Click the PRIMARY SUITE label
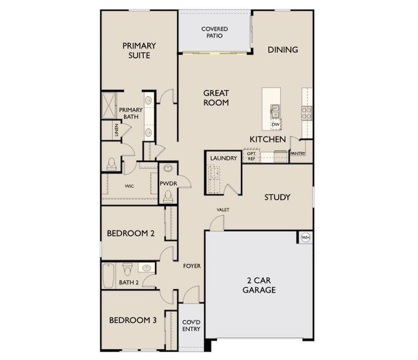pos(139,50)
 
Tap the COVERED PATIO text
pos(214,32)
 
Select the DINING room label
pos(282,50)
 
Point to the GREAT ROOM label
pos(216,98)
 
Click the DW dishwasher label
pos(275,124)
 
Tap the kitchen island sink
pos(275,110)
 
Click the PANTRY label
pos(298,154)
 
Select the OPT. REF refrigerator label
pos(251,157)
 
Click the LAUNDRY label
pos(223,158)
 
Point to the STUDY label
pos(277,197)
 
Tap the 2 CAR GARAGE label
pos(259,285)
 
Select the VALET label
pos(223,209)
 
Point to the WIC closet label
pos(129,186)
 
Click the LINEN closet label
pos(116,130)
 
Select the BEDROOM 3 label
pos(133,320)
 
